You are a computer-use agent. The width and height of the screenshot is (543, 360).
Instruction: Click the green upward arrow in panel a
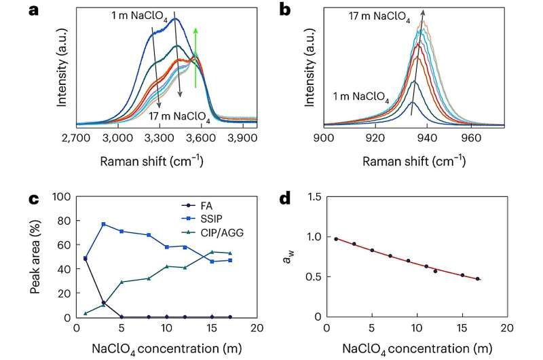(x=195, y=48)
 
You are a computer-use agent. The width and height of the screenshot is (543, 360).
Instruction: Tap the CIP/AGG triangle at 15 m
(x=212, y=252)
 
